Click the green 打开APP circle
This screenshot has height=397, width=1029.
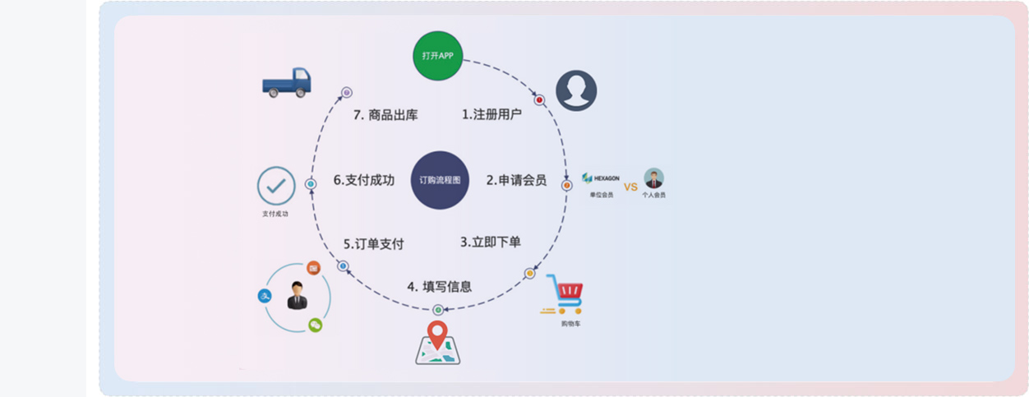tap(438, 56)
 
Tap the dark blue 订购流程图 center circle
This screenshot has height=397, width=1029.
tap(440, 180)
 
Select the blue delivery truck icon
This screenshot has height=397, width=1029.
tap(287, 83)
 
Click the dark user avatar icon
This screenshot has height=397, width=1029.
tap(576, 90)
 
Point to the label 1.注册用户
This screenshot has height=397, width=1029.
tap(491, 114)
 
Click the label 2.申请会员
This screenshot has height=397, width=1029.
tap(516, 180)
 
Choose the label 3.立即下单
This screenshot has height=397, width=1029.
tap(491, 242)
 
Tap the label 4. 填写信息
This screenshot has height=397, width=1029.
tap(440, 287)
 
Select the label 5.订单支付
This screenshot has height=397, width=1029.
tap(373, 244)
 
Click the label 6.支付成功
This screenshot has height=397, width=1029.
tap(364, 180)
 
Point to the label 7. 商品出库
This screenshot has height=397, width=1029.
tap(385, 115)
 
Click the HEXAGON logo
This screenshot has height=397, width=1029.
tap(601, 178)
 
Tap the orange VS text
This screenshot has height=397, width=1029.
tap(630, 187)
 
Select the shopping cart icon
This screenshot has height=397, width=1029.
tap(563, 294)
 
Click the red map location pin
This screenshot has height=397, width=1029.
tap(437, 335)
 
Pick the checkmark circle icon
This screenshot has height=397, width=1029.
tap(276, 186)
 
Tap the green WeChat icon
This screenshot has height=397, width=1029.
tap(315, 325)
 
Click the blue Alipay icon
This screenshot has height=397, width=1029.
tap(265, 296)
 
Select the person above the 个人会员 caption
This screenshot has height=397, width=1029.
tap(653, 178)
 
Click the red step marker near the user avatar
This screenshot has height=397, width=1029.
tap(539, 99)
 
